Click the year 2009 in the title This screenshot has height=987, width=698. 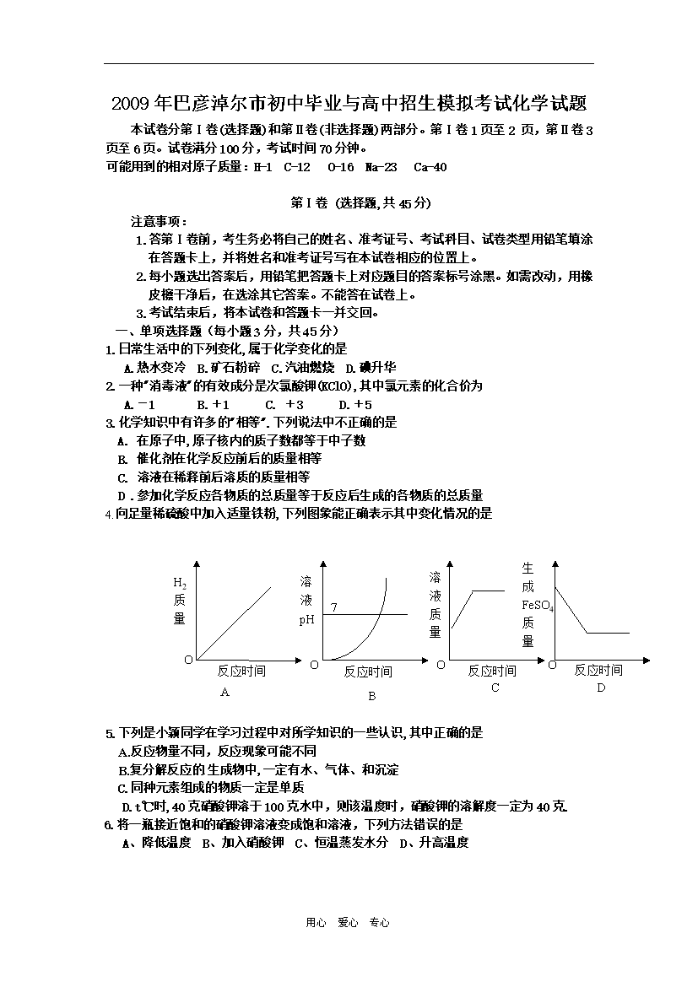[x=132, y=105]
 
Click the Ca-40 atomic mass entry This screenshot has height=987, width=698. [x=430, y=167]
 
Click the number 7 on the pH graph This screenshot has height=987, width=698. [x=334, y=607]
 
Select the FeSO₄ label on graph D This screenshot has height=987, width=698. [x=538, y=605]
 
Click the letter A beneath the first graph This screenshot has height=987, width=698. [x=225, y=693]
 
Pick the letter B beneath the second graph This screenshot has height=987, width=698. [x=371, y=697]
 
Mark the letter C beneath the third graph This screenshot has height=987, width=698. [x=495, y=688]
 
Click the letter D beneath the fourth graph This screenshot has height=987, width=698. [x=602, y=688]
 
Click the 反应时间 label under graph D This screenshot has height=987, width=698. [x=598, y=671]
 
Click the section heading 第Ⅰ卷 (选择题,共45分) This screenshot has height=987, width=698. [x=349, y=202]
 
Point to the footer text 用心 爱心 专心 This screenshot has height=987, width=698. [x=348, y=923]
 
